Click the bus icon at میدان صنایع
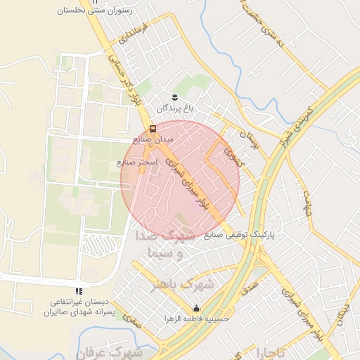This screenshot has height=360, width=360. pos(153,129)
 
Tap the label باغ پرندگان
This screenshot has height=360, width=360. pos(174,108)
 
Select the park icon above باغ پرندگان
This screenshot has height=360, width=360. pos(174,97)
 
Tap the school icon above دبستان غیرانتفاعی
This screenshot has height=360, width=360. pos(79,290)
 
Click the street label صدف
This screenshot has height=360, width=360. pos(249,289)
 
